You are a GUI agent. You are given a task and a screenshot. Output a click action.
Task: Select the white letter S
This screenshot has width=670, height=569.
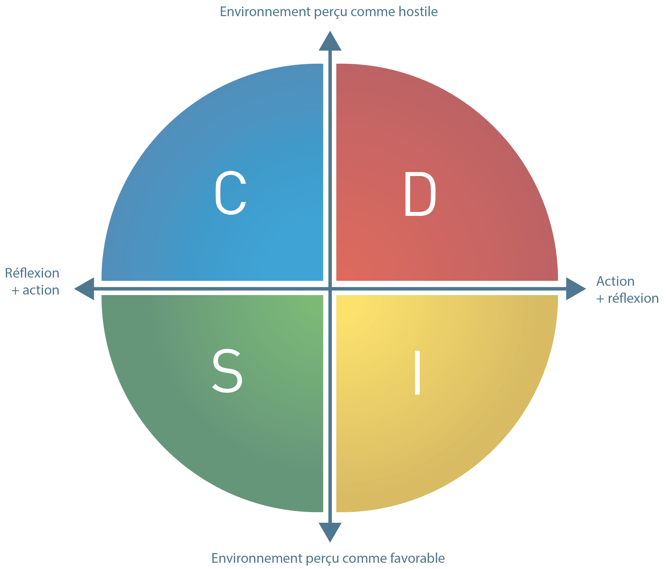coord(227,371)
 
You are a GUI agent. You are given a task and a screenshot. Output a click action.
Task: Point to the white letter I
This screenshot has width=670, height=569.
coord(417,373)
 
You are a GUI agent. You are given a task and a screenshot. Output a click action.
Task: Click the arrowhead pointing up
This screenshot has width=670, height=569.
coord(330,41)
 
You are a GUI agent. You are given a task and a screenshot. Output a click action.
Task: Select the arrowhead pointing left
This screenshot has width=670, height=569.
coord(84,289)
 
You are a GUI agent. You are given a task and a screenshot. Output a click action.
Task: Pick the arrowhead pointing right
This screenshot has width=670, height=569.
coord(576,289)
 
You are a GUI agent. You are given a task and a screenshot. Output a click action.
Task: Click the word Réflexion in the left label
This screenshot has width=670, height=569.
coord(32,273)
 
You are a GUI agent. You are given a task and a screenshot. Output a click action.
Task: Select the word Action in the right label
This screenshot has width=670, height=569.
coord(615,281)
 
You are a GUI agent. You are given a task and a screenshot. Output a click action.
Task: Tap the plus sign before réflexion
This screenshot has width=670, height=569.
coord(600,299)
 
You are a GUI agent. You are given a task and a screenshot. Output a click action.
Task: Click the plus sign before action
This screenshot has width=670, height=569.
coord(16,291)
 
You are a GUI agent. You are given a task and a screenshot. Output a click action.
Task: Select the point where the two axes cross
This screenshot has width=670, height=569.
coord(330,289)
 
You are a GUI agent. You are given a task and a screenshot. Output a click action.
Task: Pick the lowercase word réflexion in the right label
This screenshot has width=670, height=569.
coord(633,299)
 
